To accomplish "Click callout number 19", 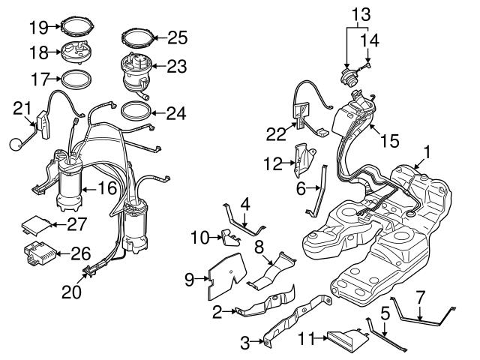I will pos(38,28).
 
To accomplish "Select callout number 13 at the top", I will pos(361,14).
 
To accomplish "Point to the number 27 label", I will pos(78,223).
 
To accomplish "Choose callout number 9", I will pos(190,279).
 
